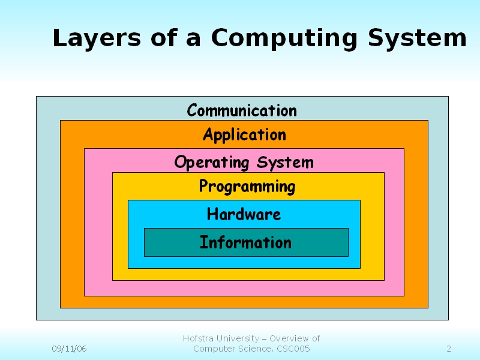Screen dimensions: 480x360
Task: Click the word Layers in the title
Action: [x=97, y=38]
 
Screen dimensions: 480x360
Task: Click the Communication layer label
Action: [x=242, y=110]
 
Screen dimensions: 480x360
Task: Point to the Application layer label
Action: [x=244, y=135]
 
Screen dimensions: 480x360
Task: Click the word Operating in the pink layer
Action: [x=212, y=163]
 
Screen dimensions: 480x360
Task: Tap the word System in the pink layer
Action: [x=285, y=163]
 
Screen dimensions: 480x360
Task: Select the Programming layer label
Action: [x=247, y=187]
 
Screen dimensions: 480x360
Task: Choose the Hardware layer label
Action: [x=244, y=214]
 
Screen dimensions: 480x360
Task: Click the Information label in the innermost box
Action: [x=245, y=242]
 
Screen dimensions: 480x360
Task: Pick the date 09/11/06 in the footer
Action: [x=69, y=349]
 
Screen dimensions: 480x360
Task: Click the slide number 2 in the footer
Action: [x=449, y=349]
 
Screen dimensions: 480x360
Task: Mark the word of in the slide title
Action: [x=164, y=38]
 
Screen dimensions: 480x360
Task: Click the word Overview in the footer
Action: [x=289, y=338]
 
